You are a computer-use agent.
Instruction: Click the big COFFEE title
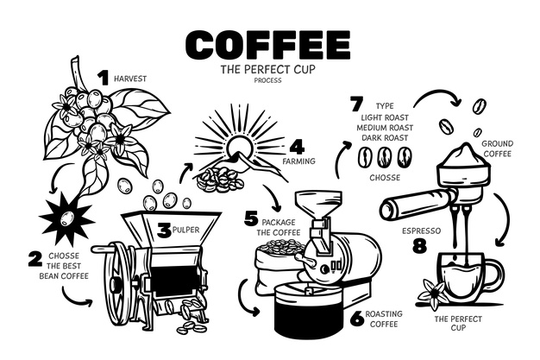268,45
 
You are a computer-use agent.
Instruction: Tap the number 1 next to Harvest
104,78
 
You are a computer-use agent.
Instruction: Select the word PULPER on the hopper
185,230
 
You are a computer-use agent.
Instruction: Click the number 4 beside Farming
297,148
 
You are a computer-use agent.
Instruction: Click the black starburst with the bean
66,218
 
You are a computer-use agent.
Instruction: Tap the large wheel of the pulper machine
116,284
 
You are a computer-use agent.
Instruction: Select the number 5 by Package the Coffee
251,218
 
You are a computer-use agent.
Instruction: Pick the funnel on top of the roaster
319,204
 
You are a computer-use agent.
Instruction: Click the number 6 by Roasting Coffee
357,319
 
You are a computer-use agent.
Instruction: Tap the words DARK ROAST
385,137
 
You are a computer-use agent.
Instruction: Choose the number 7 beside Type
357,104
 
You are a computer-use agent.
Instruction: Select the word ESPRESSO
421,231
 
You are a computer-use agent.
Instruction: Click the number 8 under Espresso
420,247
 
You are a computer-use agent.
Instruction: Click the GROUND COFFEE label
497,148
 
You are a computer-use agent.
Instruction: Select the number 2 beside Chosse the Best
35,259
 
